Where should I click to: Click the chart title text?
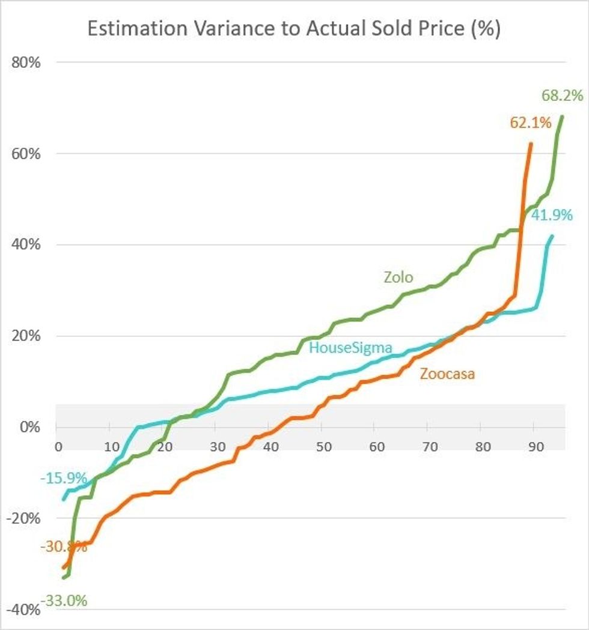point(294,29)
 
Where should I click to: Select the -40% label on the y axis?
point(24,610)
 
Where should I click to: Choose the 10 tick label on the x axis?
point(111,447)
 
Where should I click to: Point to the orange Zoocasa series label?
point(448,374)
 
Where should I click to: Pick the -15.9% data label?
point(64,479)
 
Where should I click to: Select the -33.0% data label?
point(64,601)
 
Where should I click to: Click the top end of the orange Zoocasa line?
point(531,144)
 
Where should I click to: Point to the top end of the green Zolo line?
point(562,116)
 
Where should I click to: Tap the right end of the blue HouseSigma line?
point(552,236)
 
